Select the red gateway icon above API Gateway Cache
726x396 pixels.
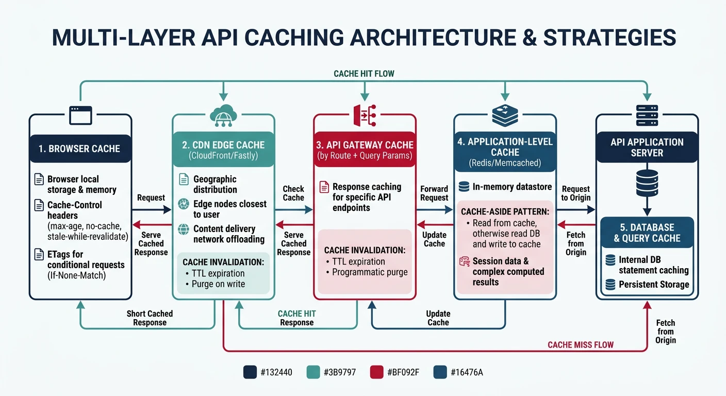365,114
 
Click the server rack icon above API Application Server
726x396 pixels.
647,114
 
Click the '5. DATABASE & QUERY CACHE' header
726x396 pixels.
647,233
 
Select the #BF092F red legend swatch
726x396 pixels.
377,372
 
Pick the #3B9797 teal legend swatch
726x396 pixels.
313,372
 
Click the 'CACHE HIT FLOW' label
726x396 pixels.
364,74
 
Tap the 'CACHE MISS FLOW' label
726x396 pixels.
581,344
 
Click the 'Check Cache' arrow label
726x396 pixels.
293,193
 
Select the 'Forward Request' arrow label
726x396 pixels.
434,193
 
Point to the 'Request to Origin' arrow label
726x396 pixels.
575,193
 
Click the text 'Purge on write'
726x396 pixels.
218,284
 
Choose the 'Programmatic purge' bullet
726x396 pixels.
370,272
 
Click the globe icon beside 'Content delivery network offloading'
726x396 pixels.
184,229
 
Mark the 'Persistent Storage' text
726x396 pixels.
654,284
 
